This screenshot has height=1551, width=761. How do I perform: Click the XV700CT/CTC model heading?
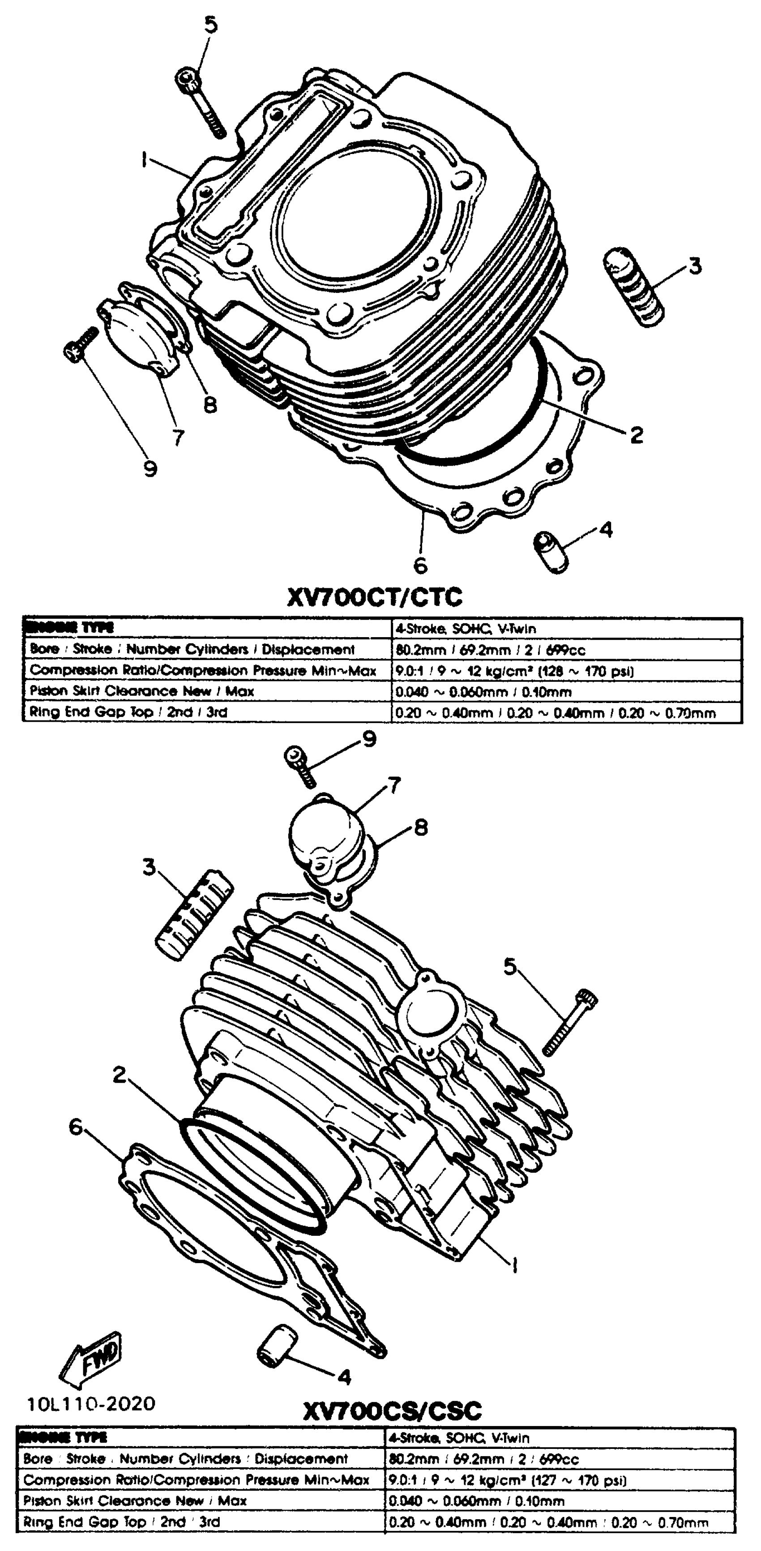[375, 597]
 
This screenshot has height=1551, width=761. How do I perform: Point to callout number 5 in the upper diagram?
[210, 25]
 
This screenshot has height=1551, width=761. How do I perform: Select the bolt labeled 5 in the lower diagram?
[569, 1022]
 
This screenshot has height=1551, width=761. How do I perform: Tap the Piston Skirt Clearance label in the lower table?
[135, 1500]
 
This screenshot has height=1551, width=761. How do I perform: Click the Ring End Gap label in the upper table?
[128, 712]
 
